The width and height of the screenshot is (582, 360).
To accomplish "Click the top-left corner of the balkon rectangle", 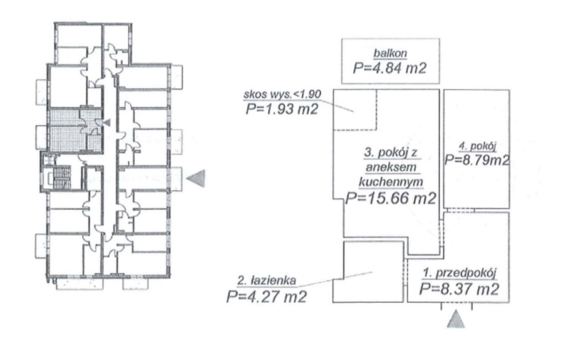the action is coord(341,39).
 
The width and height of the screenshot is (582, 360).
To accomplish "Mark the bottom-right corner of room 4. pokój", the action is coord(509,208).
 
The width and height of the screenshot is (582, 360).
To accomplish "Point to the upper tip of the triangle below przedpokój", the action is coord(456,311).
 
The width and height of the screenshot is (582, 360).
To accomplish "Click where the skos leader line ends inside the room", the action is coord(354,112).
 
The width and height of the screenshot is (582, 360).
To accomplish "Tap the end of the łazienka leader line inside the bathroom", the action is coord(372,272).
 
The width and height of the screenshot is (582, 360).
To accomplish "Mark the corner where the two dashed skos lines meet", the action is coord(376,130).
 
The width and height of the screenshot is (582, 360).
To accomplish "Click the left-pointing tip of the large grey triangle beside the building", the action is coord(187,179).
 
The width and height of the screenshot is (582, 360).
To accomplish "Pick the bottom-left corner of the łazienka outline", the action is coord(333,302).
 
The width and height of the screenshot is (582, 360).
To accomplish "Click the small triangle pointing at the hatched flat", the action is coord(107,122).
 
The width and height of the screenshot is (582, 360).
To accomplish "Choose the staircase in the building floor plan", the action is coord(62,178).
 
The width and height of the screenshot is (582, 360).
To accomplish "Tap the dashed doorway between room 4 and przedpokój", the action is coord(459,210).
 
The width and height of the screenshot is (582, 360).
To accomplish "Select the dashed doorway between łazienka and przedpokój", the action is coord(405,272).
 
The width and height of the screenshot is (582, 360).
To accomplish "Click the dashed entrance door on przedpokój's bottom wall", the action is coord(456,303).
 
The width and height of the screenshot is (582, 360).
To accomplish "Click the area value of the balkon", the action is coord(390,68).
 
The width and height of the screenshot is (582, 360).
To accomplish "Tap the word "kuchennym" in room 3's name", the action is coord(391,182).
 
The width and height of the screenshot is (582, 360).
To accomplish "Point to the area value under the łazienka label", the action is coord(267,296).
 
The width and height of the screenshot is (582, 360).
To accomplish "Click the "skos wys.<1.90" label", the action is coord(282,94).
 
